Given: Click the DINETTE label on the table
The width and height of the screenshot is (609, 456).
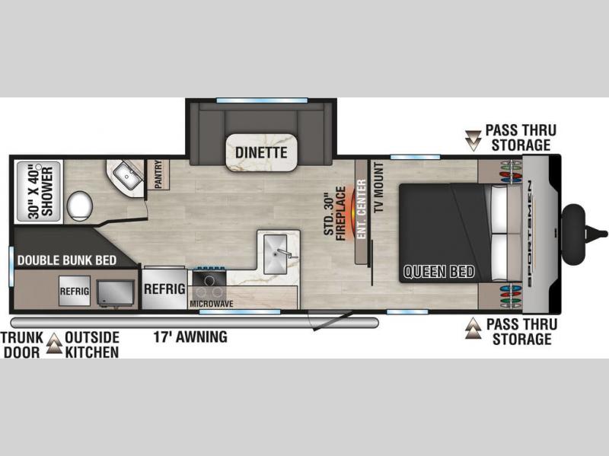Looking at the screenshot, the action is [261, 152].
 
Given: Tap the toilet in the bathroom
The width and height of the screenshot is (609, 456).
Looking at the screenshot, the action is [80, 206].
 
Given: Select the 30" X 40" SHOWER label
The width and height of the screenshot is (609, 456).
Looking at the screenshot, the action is [40, 192].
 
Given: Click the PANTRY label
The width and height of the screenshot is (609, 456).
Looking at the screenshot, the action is [158, 174].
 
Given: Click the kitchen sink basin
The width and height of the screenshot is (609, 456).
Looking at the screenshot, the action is [276, 254].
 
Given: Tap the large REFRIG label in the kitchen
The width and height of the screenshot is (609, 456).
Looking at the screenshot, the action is [164, 289].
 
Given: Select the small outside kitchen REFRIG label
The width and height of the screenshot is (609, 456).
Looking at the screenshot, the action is [74, 291].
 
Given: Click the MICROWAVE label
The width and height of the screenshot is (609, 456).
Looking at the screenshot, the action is [212, 303].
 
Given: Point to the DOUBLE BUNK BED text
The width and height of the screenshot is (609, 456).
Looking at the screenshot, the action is [67, 260].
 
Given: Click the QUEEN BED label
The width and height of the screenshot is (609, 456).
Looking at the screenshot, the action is [439, 272].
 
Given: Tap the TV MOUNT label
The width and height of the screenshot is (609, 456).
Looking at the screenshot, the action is [378, 187].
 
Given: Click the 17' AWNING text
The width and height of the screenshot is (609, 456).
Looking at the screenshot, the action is [190, 336].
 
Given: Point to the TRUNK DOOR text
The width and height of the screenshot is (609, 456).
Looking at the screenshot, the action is [22, 345].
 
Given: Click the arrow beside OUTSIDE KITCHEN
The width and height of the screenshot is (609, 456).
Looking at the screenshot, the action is [54, 343].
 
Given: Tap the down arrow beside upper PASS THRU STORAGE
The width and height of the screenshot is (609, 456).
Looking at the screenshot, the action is [473, 140].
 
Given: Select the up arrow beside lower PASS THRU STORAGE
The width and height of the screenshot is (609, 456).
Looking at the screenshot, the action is [473, 329].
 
